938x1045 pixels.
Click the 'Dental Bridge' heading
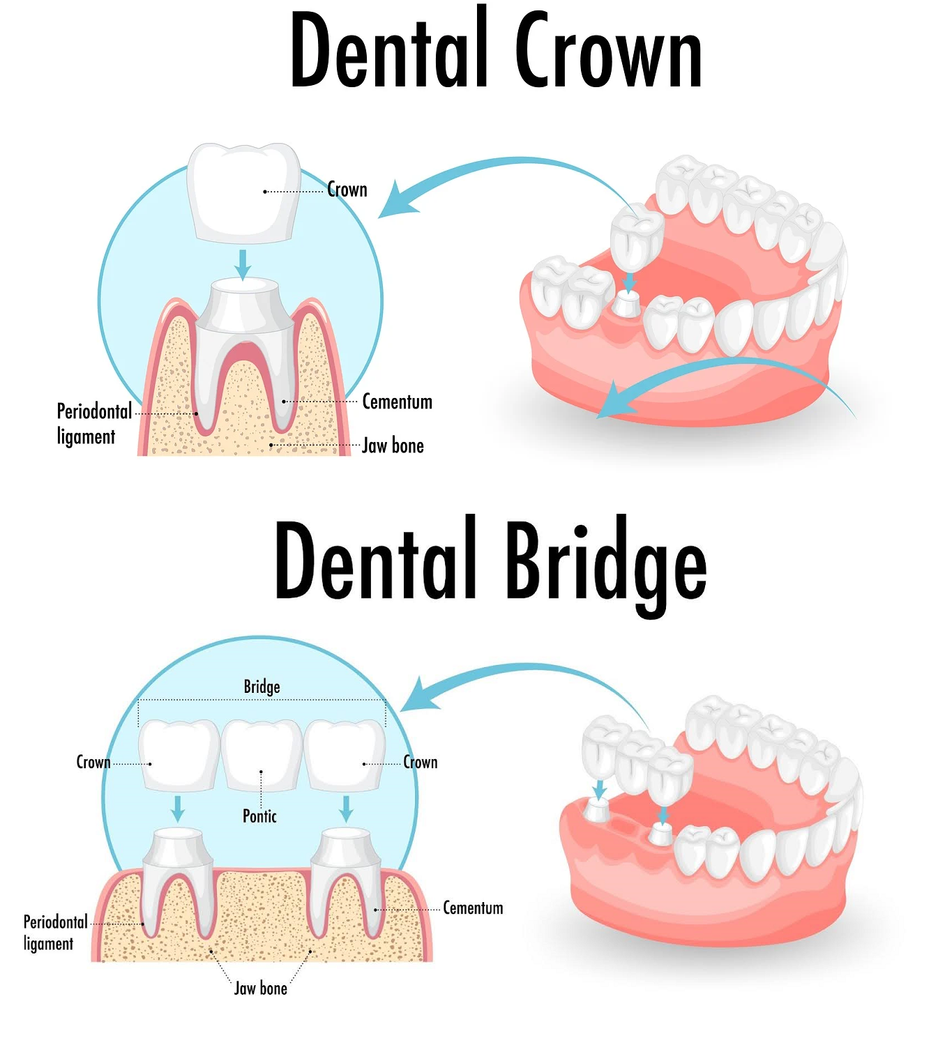point(490,563)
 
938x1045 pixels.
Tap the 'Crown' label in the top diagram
point(347,190)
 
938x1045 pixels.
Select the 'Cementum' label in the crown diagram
point(397,402)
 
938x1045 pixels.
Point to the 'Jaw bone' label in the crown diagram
point(393,446)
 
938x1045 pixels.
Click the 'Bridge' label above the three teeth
point(262,687)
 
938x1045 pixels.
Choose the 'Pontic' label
point(259,816)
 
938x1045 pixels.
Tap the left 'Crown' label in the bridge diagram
point(93,762)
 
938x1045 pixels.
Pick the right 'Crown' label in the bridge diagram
point(421,762)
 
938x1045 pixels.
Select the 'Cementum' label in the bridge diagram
point(473,908)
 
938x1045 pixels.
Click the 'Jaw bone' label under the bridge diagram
point(260,989)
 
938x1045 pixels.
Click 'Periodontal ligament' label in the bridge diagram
point(55,932)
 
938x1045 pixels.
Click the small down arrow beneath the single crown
point(242,264)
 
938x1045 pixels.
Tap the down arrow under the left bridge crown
point(178,808)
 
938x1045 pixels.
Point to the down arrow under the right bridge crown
point(346,808)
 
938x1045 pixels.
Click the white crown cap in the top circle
point(244,192)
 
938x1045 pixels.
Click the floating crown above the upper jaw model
point(636,238)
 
